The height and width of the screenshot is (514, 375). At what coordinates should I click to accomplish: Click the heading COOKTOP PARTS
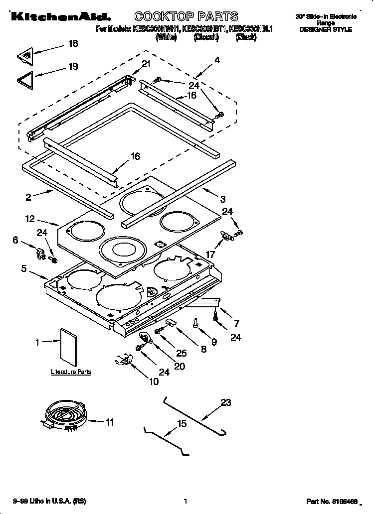click(186, 16)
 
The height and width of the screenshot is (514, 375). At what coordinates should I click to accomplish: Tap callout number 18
click(73, 44)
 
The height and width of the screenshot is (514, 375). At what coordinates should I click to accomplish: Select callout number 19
click(73, 66)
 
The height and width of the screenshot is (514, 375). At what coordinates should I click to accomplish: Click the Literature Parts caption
click(71, 372)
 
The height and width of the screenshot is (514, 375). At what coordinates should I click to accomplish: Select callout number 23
click(226, 402)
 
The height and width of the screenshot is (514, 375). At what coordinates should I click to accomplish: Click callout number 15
click(182, 423)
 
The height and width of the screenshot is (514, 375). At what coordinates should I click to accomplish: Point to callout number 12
click(29, 218)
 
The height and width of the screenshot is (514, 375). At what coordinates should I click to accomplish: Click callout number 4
click(217, 61)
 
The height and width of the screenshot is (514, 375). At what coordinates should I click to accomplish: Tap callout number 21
click(146, 64)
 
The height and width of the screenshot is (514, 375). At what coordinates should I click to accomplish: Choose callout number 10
click(154, 382)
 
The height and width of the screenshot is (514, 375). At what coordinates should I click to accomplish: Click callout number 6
click(15, 240)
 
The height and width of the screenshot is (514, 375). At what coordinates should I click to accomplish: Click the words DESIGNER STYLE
click(326, 30)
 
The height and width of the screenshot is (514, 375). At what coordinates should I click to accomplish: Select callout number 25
click(182, 353)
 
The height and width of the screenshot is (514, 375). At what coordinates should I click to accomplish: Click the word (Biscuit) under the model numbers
click(205, 37)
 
